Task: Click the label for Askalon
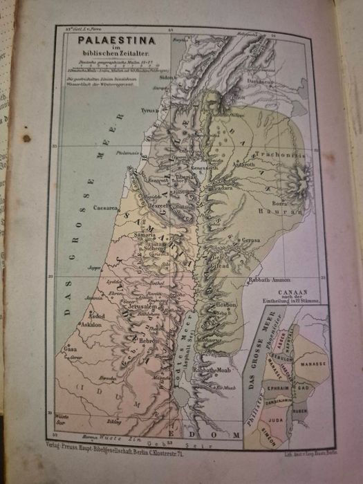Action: click(91, 324)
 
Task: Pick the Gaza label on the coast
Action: click(71, 349)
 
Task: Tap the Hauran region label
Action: click(276, 194)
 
